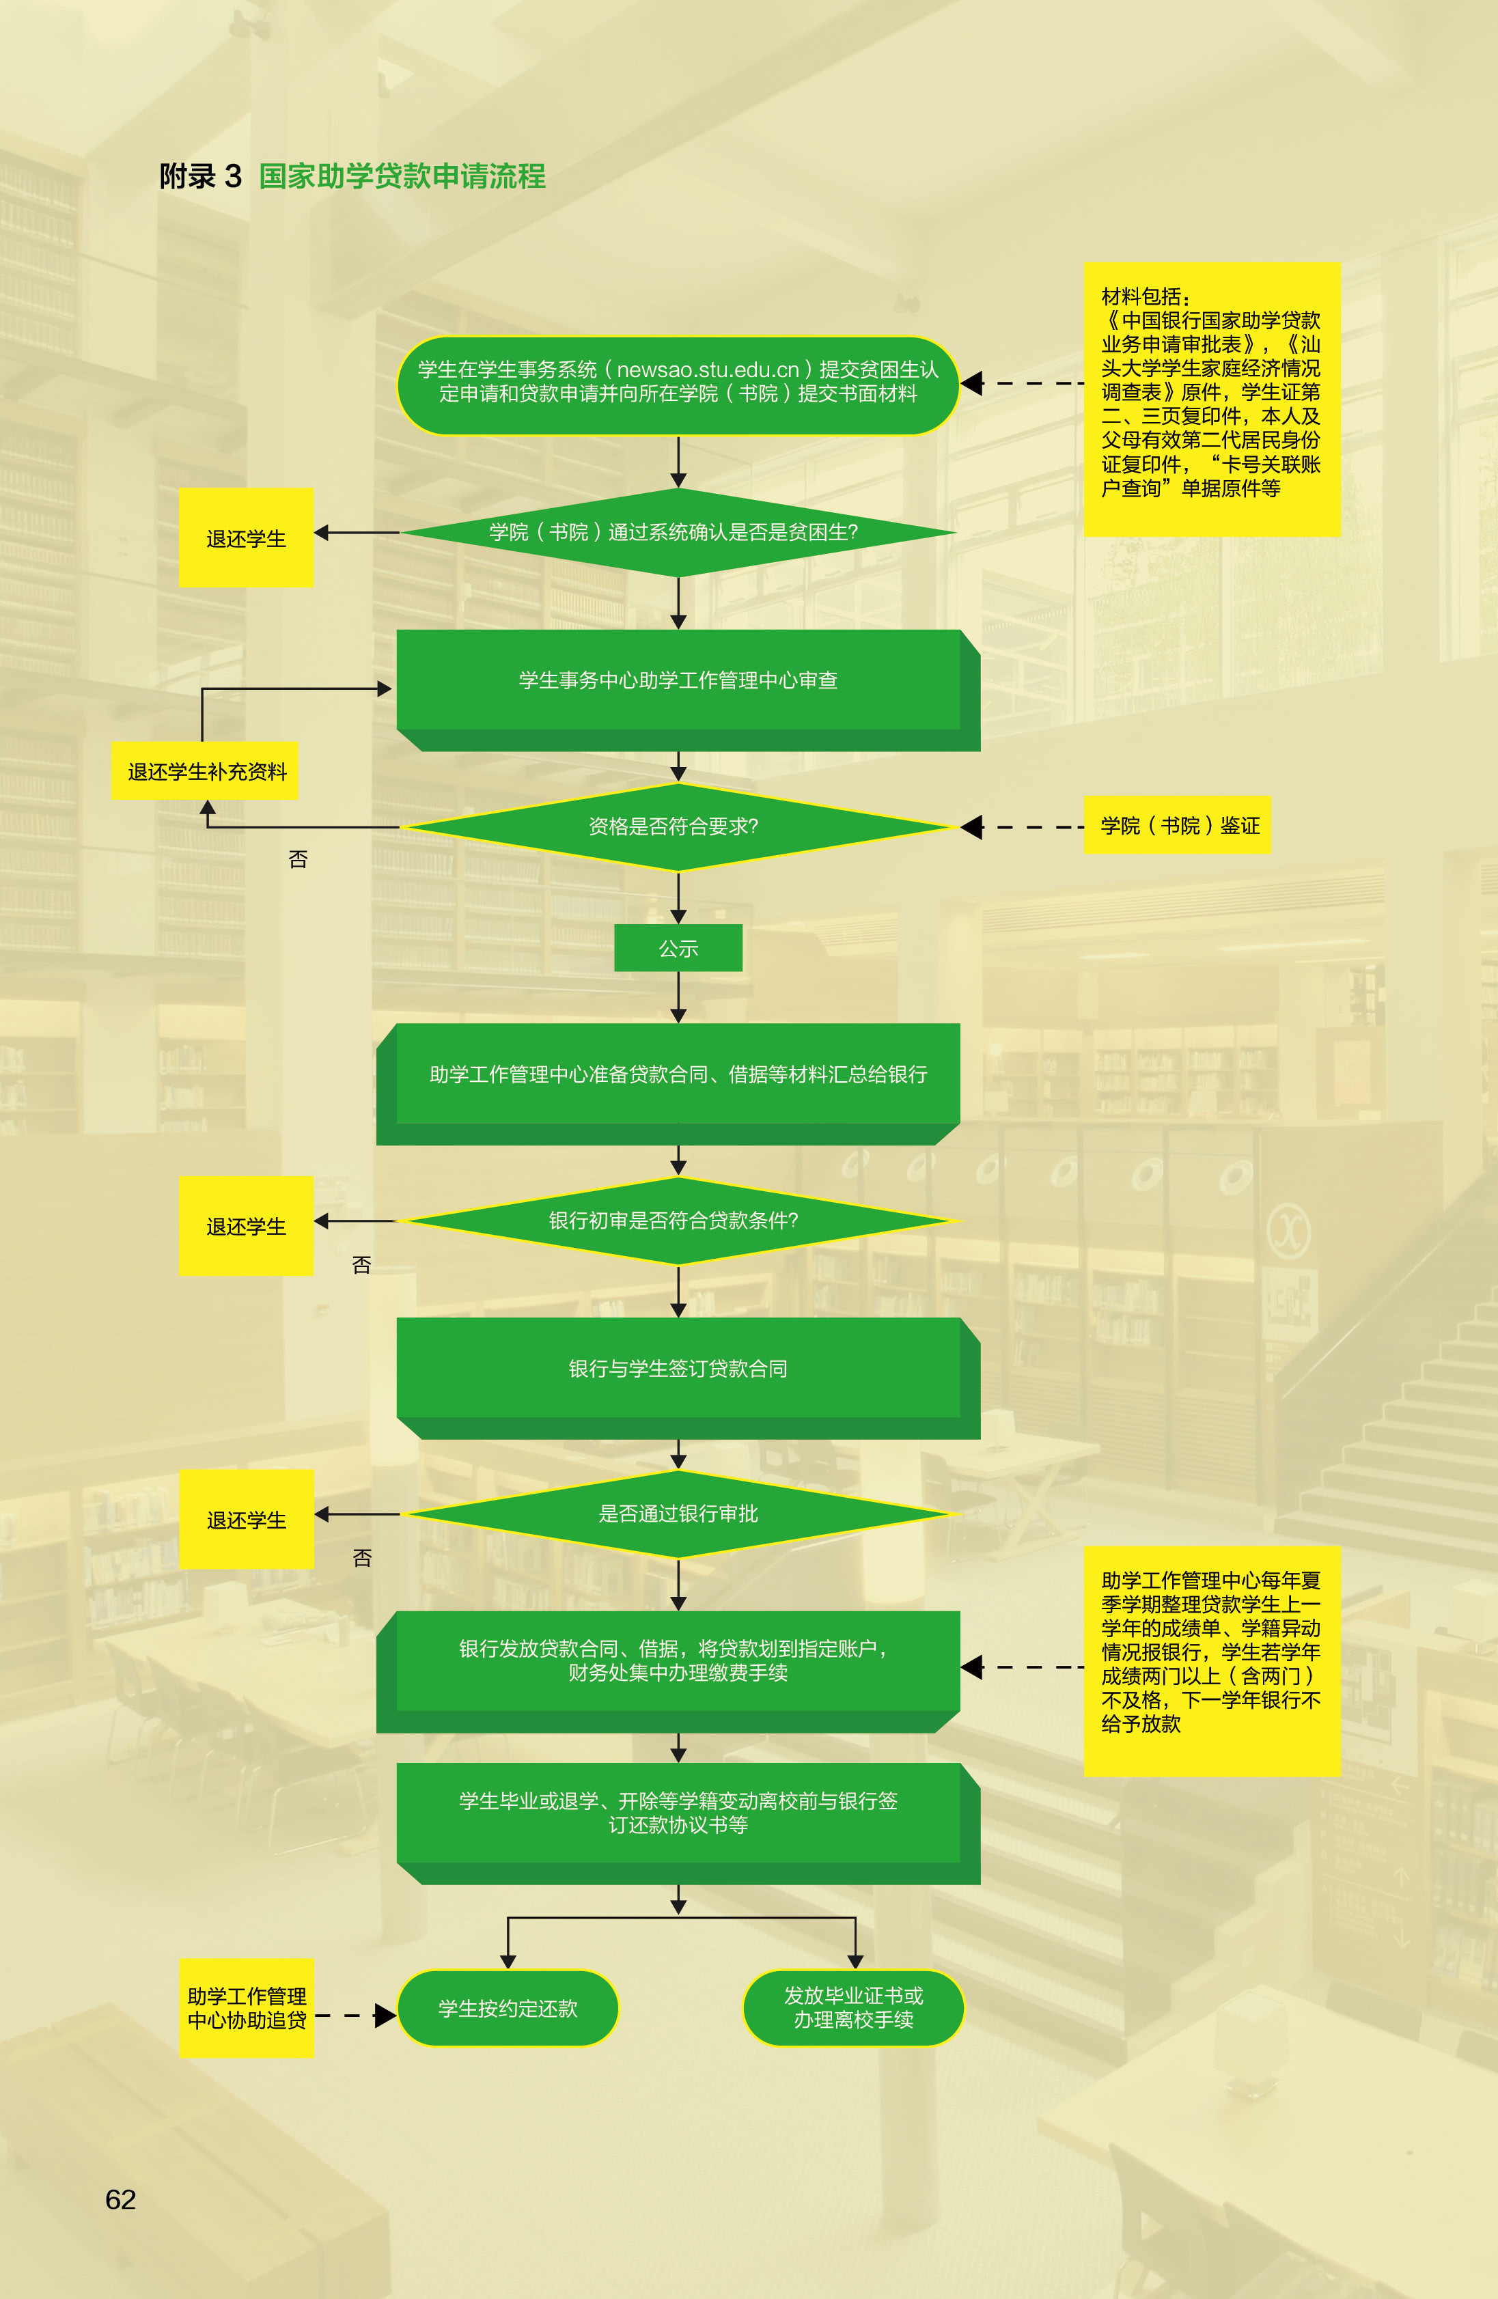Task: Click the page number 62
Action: pos(121,2199)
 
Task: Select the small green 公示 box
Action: pos(678,947)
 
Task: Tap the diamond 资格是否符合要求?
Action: pos(678,827)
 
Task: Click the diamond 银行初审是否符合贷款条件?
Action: pos(678,1221)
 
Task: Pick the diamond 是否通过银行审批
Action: pos(678,1514)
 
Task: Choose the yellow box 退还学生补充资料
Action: pos(206,771)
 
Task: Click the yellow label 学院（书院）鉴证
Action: pos(1178,825)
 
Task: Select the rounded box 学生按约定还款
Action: pos(508,2008)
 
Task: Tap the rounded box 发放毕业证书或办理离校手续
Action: pos(854,2008)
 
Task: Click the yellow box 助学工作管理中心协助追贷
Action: pos(247,2008)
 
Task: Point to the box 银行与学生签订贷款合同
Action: pos(688,1378)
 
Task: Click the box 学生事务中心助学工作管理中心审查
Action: pos(688,690)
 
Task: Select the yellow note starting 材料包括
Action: pos(1212,399)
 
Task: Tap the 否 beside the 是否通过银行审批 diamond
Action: pos(362,1558)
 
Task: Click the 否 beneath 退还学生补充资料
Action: pos(299,859)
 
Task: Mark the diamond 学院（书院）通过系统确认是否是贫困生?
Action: pos(678,532)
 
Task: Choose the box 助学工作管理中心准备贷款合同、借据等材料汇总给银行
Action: pos(668,1084)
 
